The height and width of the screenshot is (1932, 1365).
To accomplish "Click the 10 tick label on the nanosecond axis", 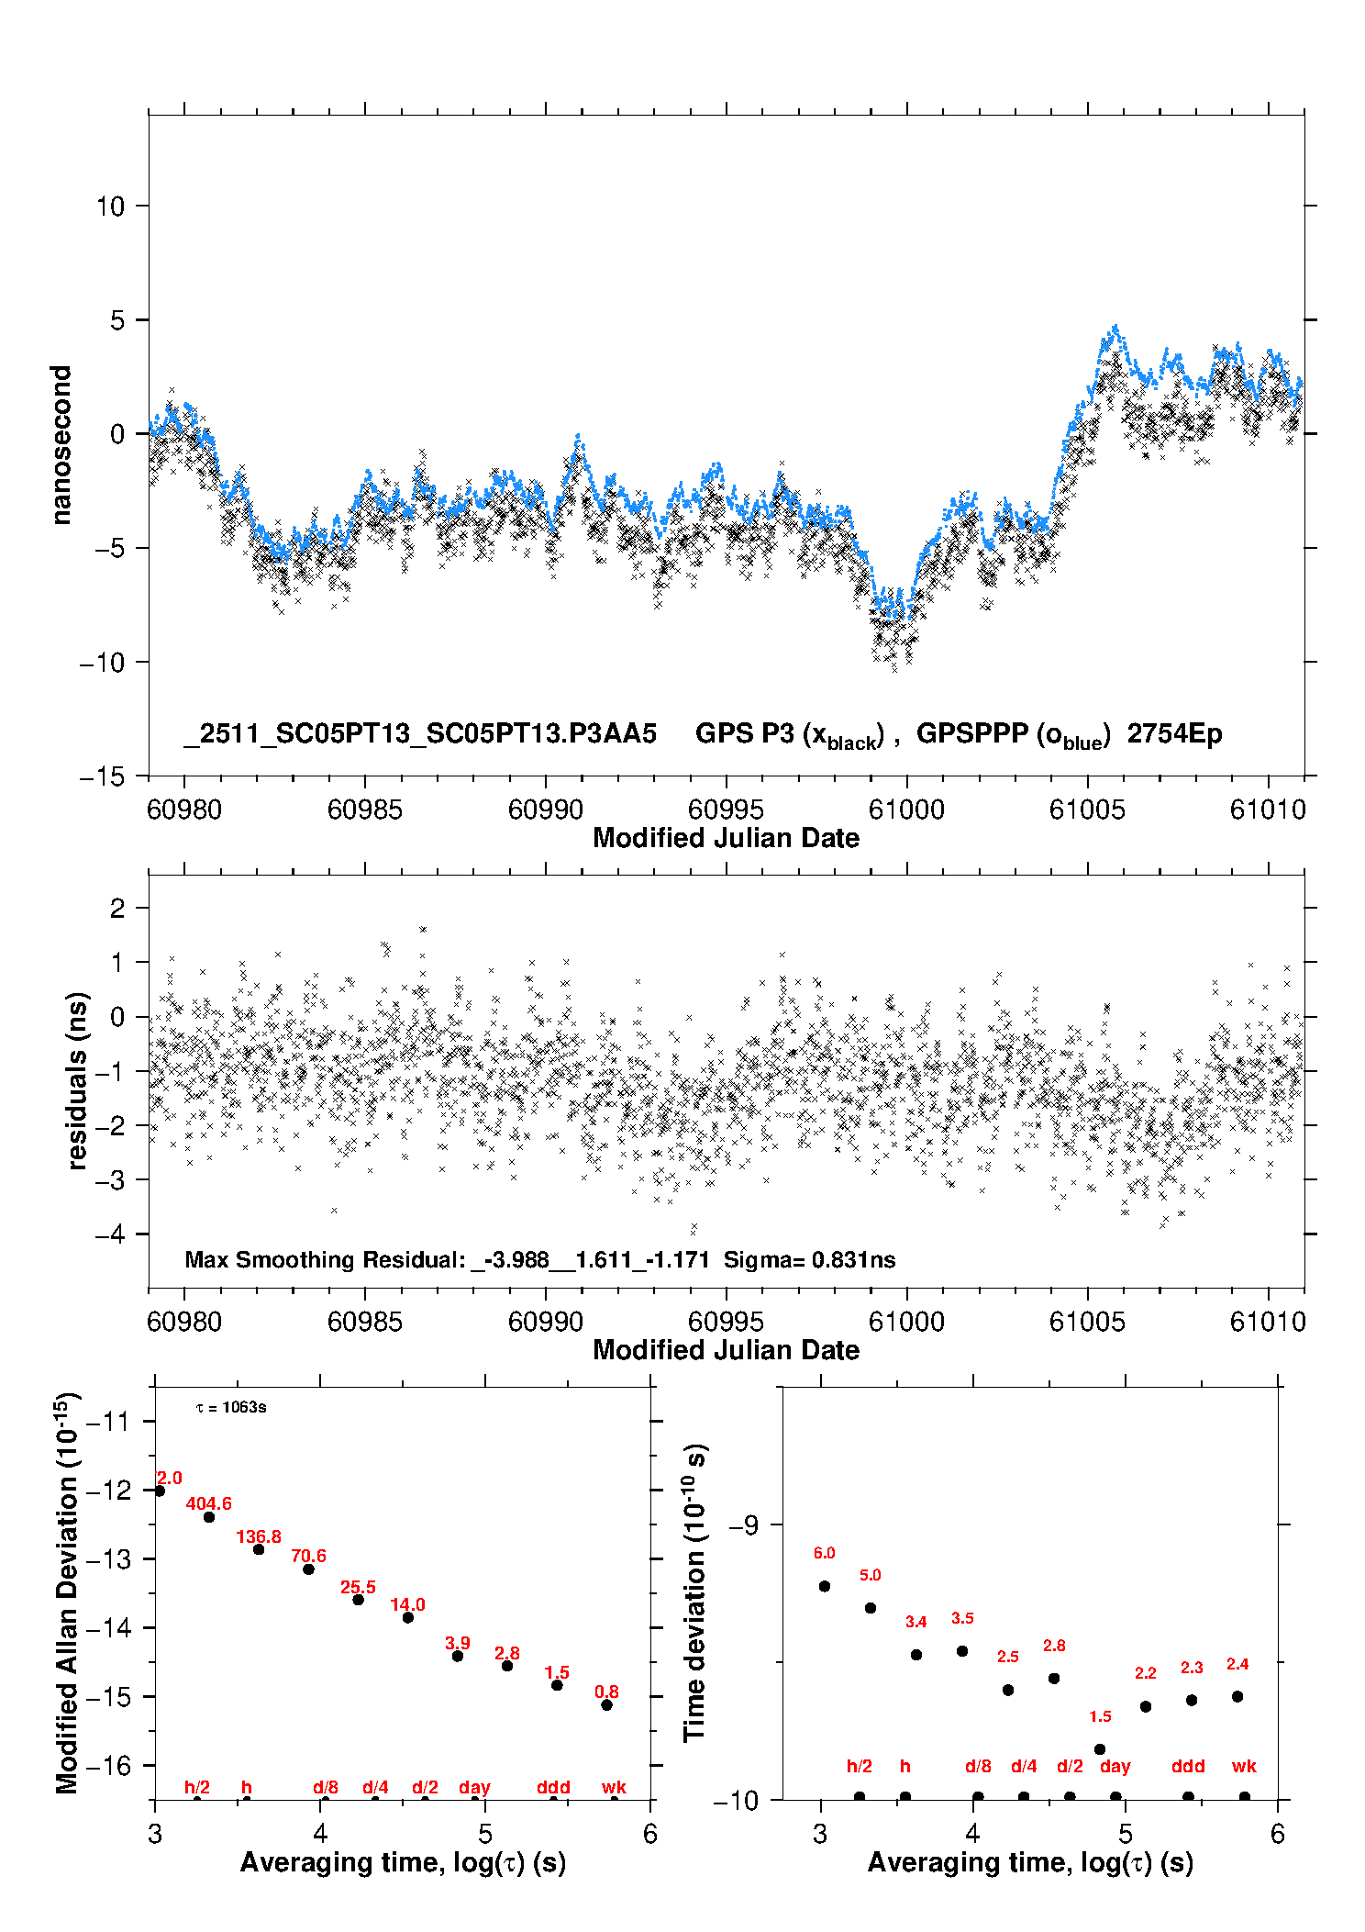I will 111,207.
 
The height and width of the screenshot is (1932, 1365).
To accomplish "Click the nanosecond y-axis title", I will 61,445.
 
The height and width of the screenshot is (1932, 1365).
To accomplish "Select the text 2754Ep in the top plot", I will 1174,734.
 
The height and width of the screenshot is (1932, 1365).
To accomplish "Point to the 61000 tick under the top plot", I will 906,810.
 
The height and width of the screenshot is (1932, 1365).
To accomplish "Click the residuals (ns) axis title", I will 78,1080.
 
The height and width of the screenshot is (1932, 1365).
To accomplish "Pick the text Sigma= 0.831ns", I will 809,1260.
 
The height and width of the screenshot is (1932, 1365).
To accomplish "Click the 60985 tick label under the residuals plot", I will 365,1322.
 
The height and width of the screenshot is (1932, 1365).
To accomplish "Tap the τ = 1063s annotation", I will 231,1408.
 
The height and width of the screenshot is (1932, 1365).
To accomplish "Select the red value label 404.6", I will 209,1503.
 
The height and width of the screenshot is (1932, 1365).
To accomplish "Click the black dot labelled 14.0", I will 408,1617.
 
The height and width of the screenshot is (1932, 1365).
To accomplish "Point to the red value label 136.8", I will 259,1536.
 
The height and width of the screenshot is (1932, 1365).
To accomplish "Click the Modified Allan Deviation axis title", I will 67,1592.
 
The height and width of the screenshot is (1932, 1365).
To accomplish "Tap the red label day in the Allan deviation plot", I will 474,1787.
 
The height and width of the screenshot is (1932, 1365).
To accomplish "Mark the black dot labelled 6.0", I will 825,1586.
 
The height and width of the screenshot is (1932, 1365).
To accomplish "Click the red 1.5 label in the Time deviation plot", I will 1100,1716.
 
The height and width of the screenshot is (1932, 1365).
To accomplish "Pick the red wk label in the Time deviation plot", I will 1244,1766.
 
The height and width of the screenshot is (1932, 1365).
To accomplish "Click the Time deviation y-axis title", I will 694,1592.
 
